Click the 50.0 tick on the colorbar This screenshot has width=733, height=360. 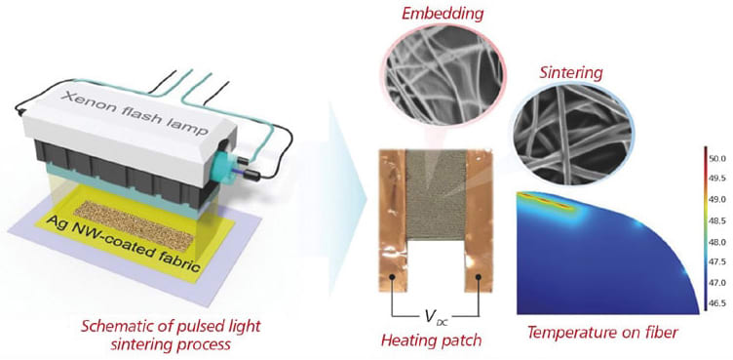[x=714, y=156]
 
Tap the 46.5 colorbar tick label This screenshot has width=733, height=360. [x=714, y=304]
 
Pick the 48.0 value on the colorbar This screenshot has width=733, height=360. [x=714, y=241]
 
